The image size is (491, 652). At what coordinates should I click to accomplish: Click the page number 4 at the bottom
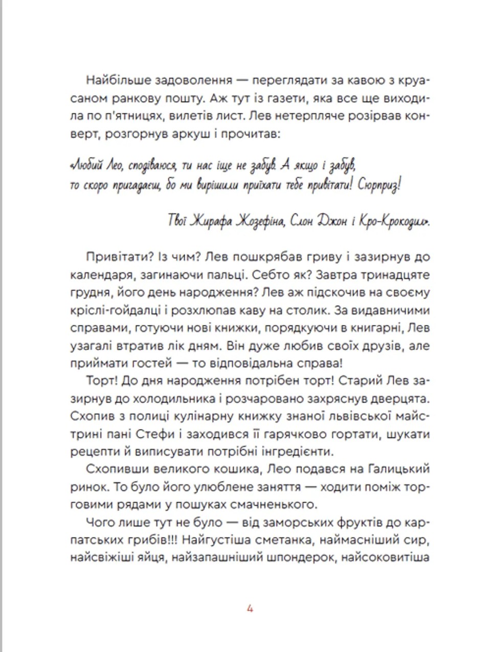pyautogui.click(x=250, y=609)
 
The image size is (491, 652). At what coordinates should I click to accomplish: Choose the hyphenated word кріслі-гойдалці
pyautogui.click(x=116, y=310)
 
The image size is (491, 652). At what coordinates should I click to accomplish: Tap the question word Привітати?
pyautogui.click(x=115, y=257)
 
